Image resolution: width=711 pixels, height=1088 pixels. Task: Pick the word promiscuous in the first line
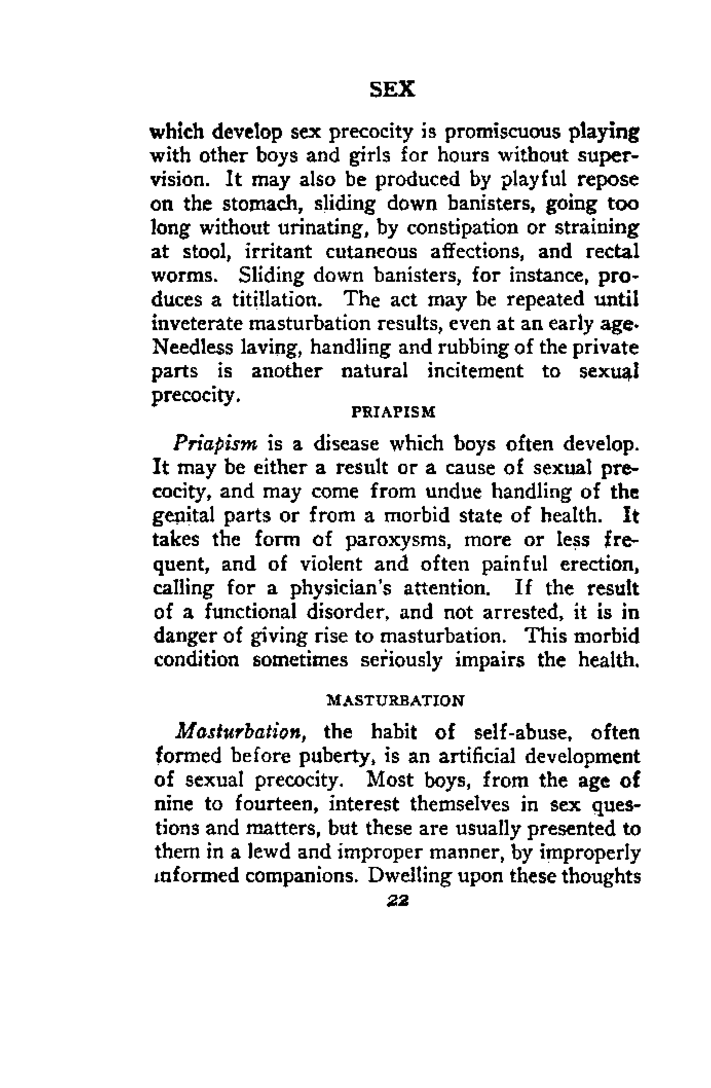tap(502, 133)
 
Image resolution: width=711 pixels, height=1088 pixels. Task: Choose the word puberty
tap(342, 756)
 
